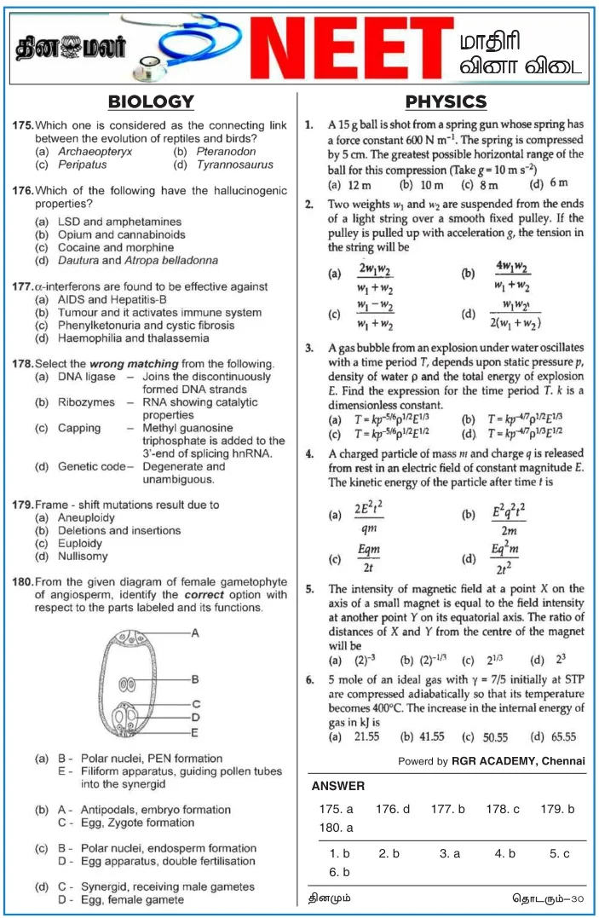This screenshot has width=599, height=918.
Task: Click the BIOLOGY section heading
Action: tap(151, 102)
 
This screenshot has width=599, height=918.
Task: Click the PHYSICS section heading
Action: tap(446, 102)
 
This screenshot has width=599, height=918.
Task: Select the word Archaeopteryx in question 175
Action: tap(95, 152)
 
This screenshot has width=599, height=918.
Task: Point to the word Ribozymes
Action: tap(86, 402)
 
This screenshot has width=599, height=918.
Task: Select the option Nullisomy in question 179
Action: tap(83, 557)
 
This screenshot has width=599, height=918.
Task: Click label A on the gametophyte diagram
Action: tap(195, 633)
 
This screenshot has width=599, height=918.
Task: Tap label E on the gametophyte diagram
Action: tap(195, 732)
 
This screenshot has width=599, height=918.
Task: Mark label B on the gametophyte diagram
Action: tap(195, 679)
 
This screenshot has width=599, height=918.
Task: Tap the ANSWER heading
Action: tap(337, 786)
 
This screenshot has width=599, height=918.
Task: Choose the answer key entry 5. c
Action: tap(559, 852)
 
